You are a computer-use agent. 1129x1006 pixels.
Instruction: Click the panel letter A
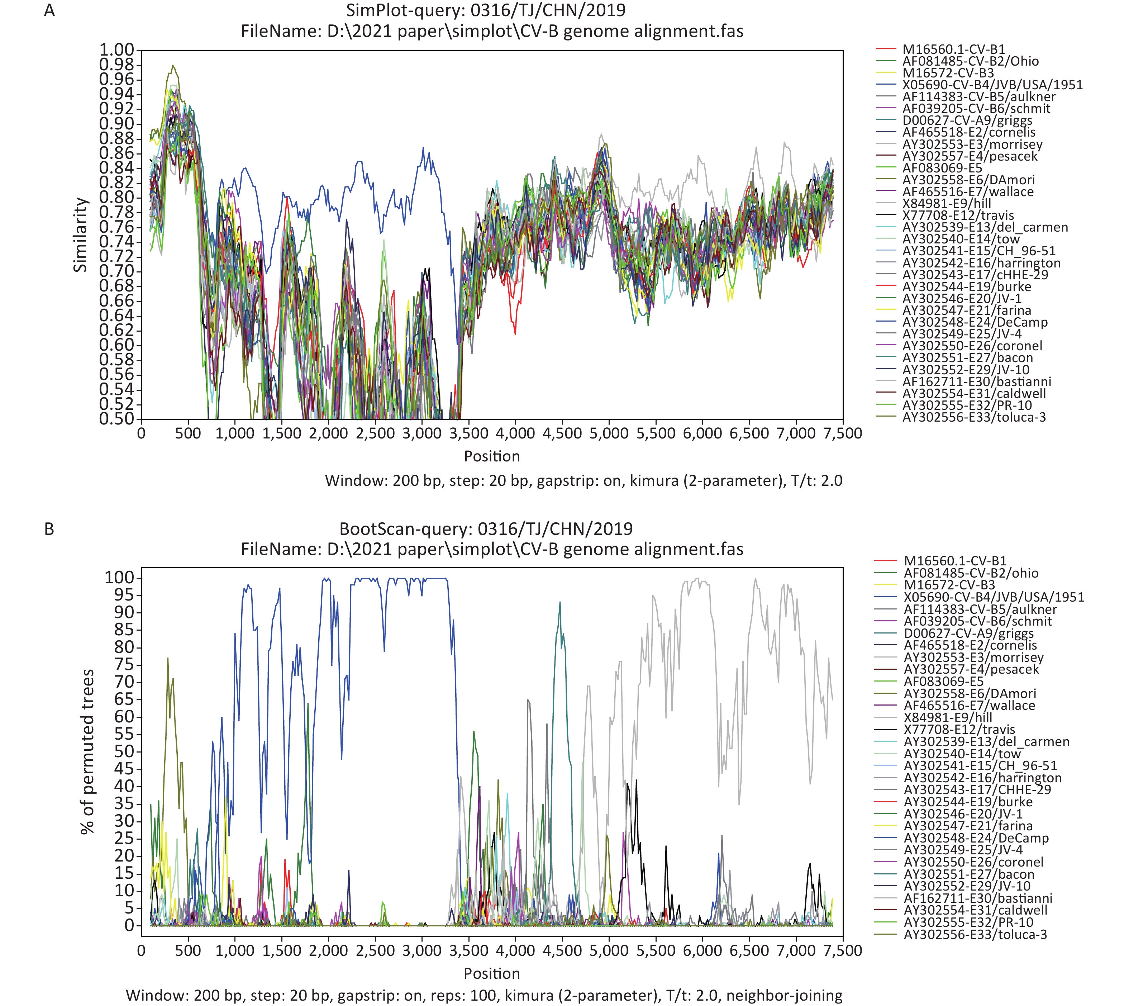pyautogui.click(x=49, y=10)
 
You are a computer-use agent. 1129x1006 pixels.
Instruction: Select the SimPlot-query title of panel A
pyautogui.click(x=486, y=10)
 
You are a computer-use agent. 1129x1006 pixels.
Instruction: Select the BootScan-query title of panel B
pyautogui.click(x=486, y=528)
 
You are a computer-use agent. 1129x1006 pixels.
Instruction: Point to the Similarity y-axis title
pyautogui.click(x=81, y=235)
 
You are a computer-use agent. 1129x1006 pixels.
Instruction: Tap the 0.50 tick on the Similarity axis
pyautogui.click(x=116, y=419)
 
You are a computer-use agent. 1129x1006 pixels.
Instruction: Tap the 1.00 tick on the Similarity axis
pyautogui.click(x=116, y=50)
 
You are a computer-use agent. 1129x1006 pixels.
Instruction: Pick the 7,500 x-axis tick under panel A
pyautogui.click(x=842, y=433)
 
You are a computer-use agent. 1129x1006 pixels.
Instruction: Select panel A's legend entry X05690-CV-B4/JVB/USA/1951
pyautogui.click(x=992, y=85)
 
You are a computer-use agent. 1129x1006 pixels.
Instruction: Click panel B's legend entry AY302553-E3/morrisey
pyautogui.click(x=974, y=657)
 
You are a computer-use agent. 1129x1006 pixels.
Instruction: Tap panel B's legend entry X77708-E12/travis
pyautogui.click(x=959, y=729)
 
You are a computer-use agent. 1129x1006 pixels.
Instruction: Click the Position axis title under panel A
pyautogui.click(x=492, y=456)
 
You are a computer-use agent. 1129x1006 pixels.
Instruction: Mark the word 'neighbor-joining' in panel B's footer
pyautogui.click(x=784, y=996)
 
